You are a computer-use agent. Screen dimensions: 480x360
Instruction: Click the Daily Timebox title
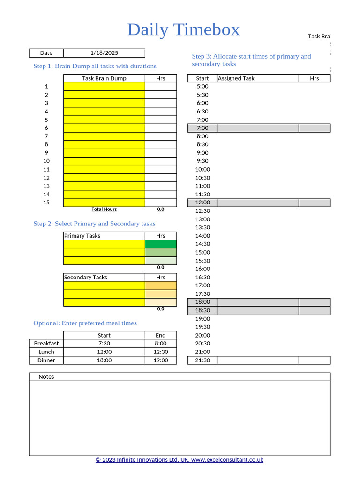(x=183, y=30)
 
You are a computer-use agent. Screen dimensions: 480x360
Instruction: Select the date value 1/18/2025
(x=104, y=53)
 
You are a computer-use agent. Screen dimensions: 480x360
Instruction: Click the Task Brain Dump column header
(x=104, y=78)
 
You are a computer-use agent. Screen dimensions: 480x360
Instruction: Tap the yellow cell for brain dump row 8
(x=104, y=144)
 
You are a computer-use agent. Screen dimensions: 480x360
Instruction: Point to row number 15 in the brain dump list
(x=46, y=202)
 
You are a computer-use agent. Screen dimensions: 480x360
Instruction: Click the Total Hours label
(x=104, y=210)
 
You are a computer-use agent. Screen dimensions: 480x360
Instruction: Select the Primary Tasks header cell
(x=104, y=236)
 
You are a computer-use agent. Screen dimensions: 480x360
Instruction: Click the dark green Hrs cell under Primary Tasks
(x=161, y=244)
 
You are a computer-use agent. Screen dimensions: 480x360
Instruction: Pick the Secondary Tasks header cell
(x=104, y=277)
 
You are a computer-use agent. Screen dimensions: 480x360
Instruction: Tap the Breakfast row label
(x=46, y=344)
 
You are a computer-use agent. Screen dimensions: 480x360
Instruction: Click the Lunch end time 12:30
(x=161, y=352)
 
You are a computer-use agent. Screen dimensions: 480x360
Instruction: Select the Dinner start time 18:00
(x=104, y=360)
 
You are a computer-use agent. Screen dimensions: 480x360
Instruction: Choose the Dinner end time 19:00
(x=161, y=360)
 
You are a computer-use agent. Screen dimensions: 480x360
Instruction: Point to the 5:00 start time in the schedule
(x=202, y=86)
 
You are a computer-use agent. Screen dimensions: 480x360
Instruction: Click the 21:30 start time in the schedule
(x=202, y=360)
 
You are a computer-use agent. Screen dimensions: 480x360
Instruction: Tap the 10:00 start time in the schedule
(x=202, y=169)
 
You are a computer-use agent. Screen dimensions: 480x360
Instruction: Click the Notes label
(x=46, y=377)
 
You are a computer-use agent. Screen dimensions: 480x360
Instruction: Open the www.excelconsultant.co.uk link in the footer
(x=227, y=460)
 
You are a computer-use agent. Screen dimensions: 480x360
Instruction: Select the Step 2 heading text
(x=94, y=224)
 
